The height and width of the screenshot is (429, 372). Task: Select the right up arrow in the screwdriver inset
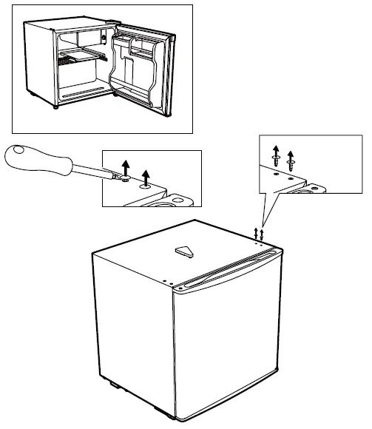[146, 176]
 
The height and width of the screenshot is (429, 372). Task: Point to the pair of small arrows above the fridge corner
[259, 233]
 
